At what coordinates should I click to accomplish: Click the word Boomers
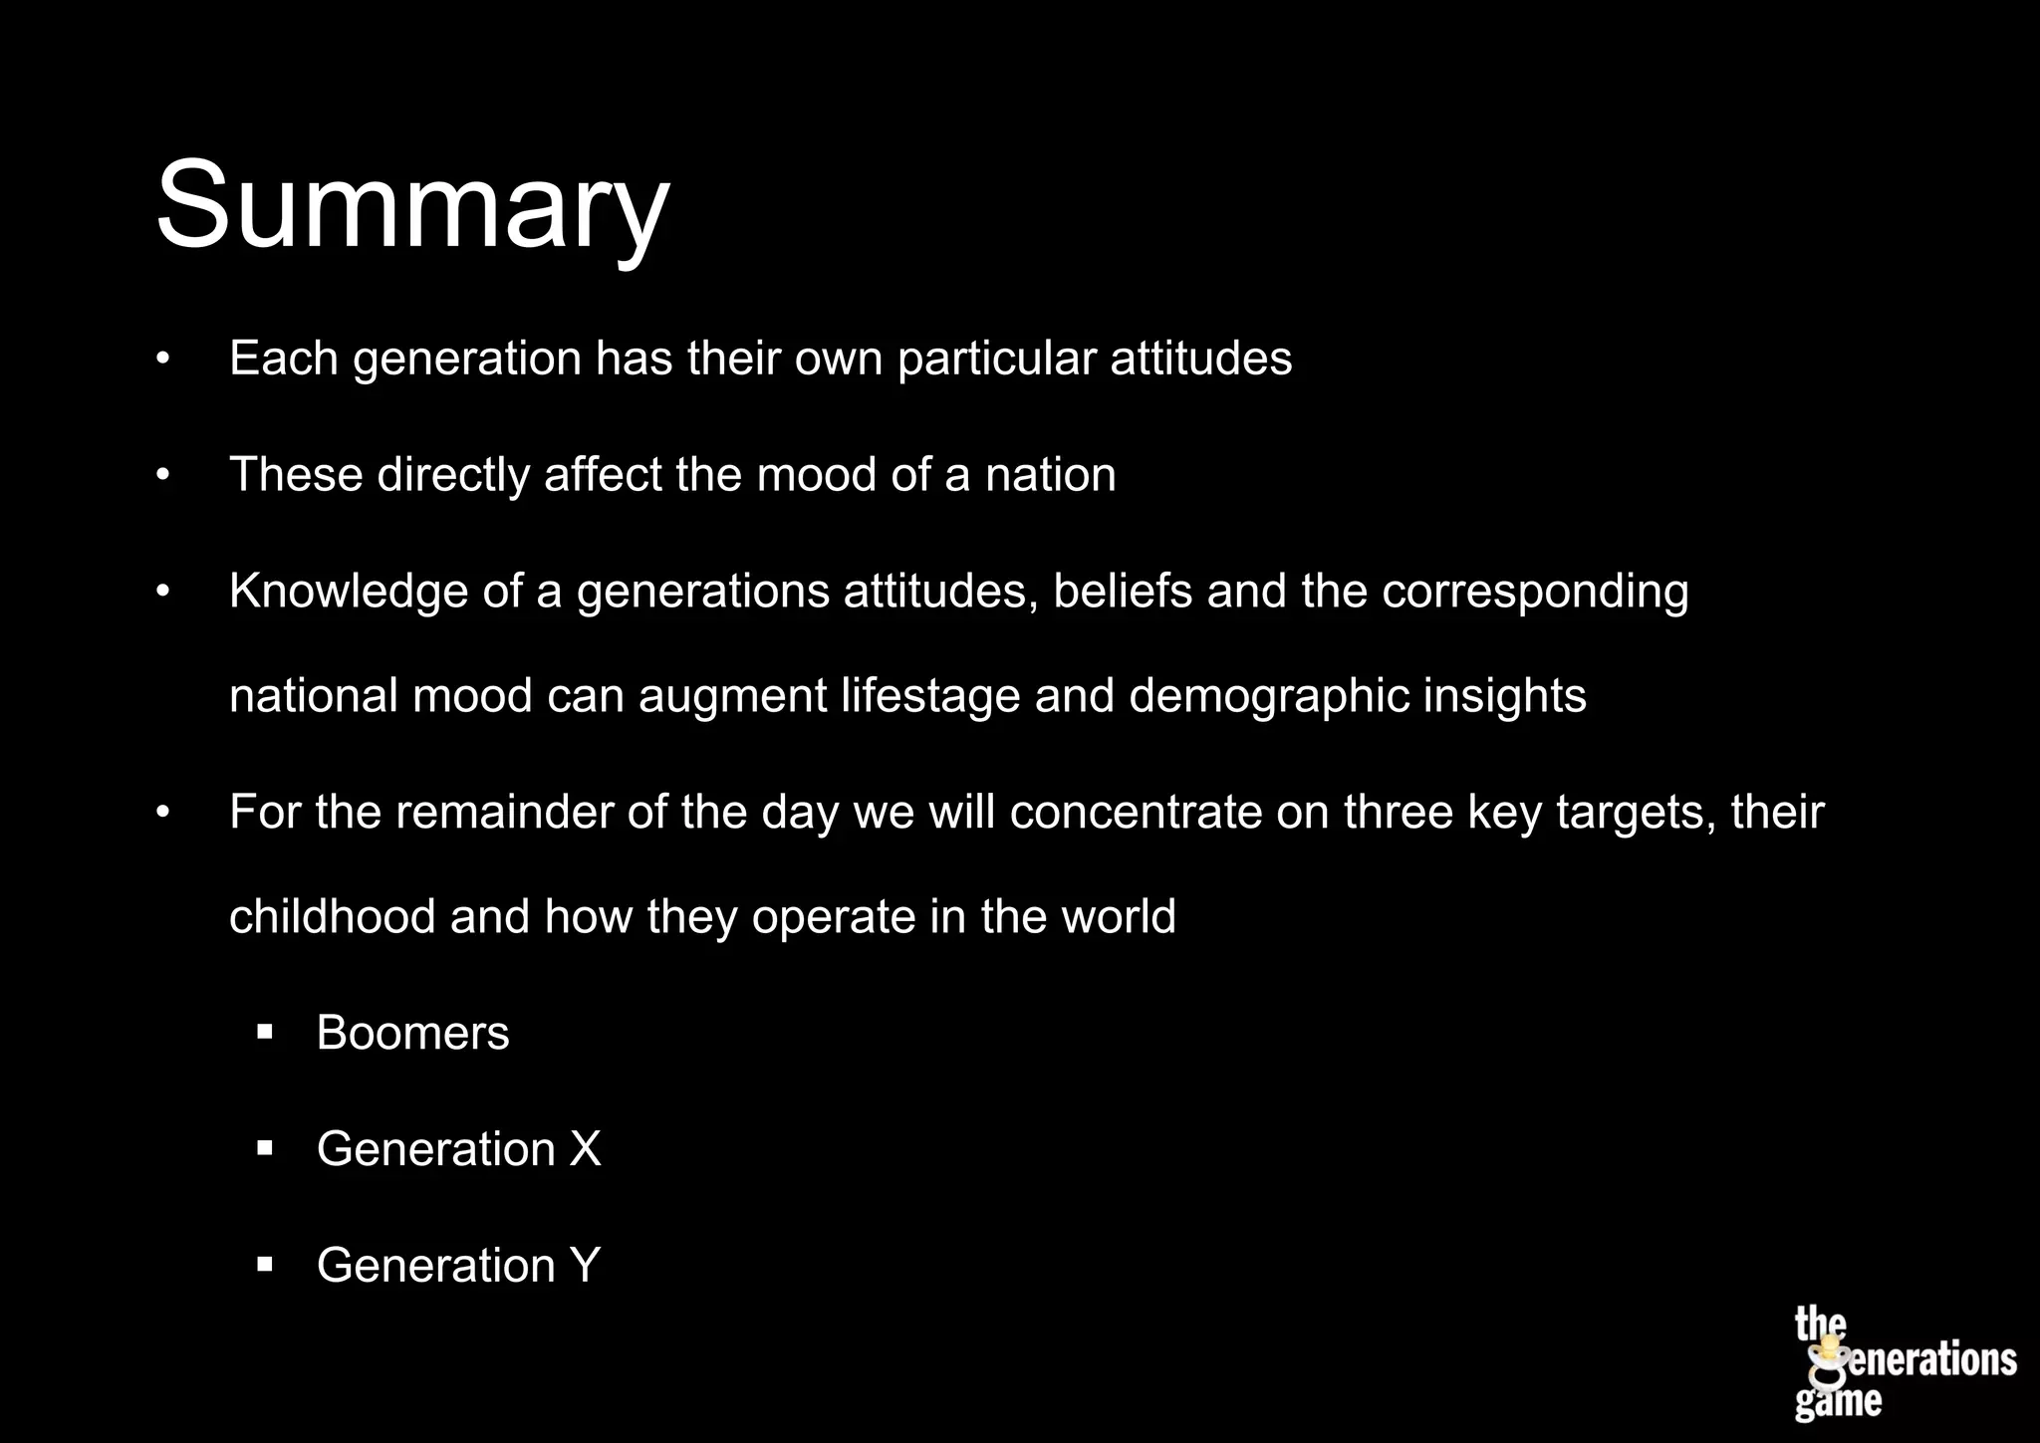(412, 1033)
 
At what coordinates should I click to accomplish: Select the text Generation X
(458, 1149)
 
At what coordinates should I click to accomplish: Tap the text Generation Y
(458, 1266)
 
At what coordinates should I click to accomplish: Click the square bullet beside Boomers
(264, 1033)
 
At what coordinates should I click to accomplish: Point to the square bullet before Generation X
(264, 1149)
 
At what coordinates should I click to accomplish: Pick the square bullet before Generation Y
(264, 1266)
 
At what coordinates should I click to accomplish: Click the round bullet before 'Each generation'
(163, 359)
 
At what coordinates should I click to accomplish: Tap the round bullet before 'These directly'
(163, 475)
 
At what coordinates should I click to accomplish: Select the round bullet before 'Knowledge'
(163, 592)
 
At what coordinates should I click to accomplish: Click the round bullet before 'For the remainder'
(163, 813)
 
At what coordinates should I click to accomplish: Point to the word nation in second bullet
(1050, 475)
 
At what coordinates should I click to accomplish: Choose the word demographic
(1268, 696)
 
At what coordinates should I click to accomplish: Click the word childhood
(332, 917)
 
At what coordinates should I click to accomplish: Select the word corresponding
(1534, 592)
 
